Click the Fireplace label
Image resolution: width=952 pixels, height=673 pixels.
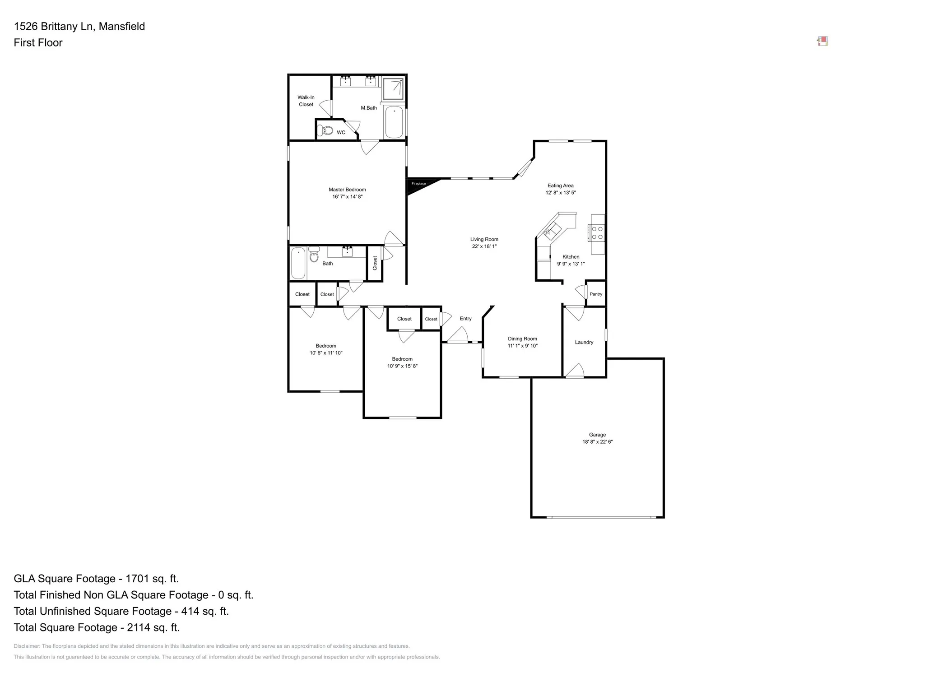coord(418,184)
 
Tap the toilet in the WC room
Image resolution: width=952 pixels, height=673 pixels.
coord(325,131)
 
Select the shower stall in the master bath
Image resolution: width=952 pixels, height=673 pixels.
coord(393,88)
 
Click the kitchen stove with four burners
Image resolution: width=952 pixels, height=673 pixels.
coord(597,233)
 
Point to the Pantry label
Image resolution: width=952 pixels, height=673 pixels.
coord(595,294)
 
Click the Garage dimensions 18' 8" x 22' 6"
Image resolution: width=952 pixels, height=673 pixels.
coord(597,442)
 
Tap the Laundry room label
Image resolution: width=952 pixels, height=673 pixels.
coord(584,343)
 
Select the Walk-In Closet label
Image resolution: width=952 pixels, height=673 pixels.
coord(306,101)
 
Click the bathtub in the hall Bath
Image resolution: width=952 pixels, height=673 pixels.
coord(298,263)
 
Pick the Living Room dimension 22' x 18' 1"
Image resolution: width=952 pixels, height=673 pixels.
coord(484,246)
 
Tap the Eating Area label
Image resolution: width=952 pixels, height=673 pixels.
coord(560,186)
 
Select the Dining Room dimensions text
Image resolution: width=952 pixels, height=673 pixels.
coord(522,346)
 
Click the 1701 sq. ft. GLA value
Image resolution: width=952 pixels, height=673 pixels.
coord(152,579)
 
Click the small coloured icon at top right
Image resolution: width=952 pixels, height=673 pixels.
coord(822,42)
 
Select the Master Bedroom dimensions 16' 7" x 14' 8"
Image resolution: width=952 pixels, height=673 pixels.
coord(347,197)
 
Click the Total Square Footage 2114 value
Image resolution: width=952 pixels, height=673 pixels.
coord(153,627)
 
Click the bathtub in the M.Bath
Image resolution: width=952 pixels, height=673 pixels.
coord(394,122)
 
